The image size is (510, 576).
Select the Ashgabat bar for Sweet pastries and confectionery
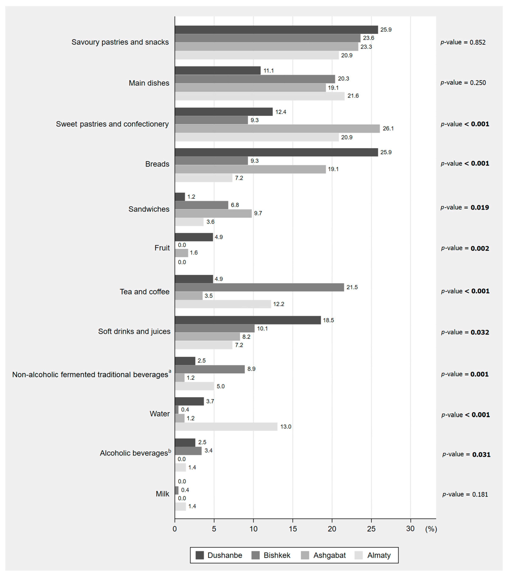[x=277, y=128]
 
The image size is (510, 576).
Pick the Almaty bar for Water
[x=226, y=427]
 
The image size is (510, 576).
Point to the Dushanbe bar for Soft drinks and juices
[x=248, y=320]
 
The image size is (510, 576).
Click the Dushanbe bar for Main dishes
[x=217, y=70]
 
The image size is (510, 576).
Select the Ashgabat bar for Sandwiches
[x=213, y=213]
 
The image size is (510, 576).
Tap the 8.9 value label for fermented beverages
[x=251, y=369]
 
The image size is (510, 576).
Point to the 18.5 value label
[x=328, y=320]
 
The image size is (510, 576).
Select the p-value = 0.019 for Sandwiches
[x=465, y=207]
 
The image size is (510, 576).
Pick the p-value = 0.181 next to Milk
[x=465, y=494]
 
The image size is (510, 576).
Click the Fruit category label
[x=162, y=248]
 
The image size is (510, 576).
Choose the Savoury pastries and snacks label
[x=120, y=42]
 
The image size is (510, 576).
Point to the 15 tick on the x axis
[x=293, y=529]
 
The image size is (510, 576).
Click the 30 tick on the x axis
[x=410, y=529]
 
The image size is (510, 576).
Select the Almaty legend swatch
[x=359, y=555]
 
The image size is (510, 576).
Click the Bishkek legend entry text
[x=277, y=555]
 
